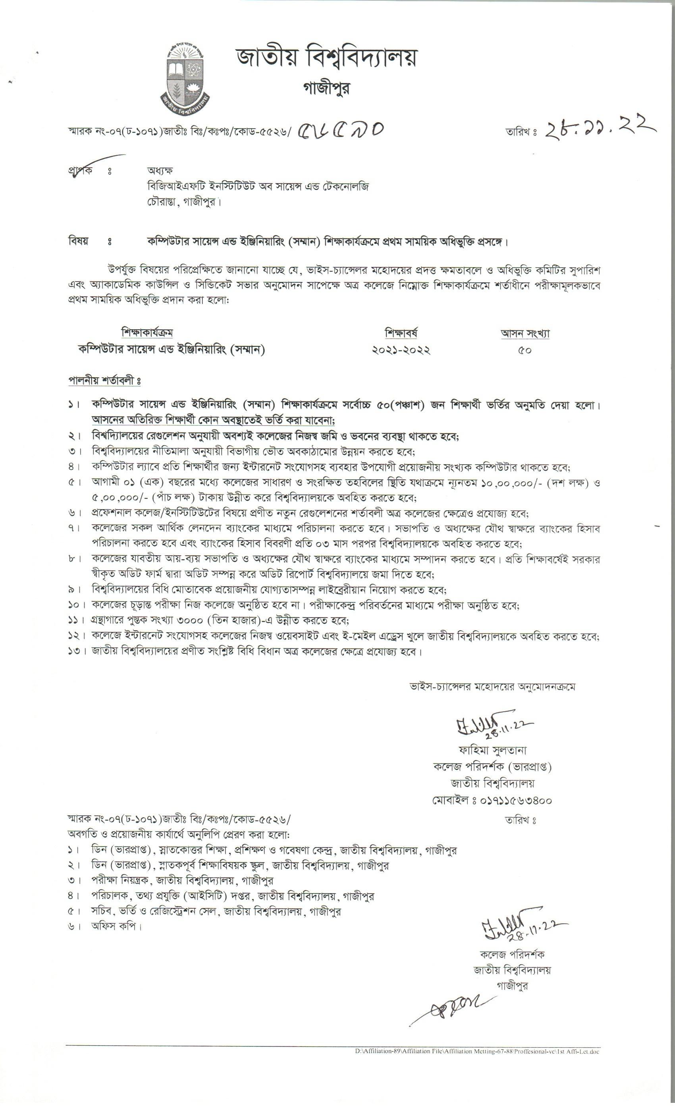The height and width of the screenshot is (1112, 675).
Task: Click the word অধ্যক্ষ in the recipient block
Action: (x=160, y=171)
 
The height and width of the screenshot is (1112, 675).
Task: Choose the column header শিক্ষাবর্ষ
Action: (x=401, y=333)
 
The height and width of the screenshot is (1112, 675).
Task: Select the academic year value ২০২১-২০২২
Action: (x=401, y=350)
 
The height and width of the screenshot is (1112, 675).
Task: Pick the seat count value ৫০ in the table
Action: (x=525, y=351)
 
